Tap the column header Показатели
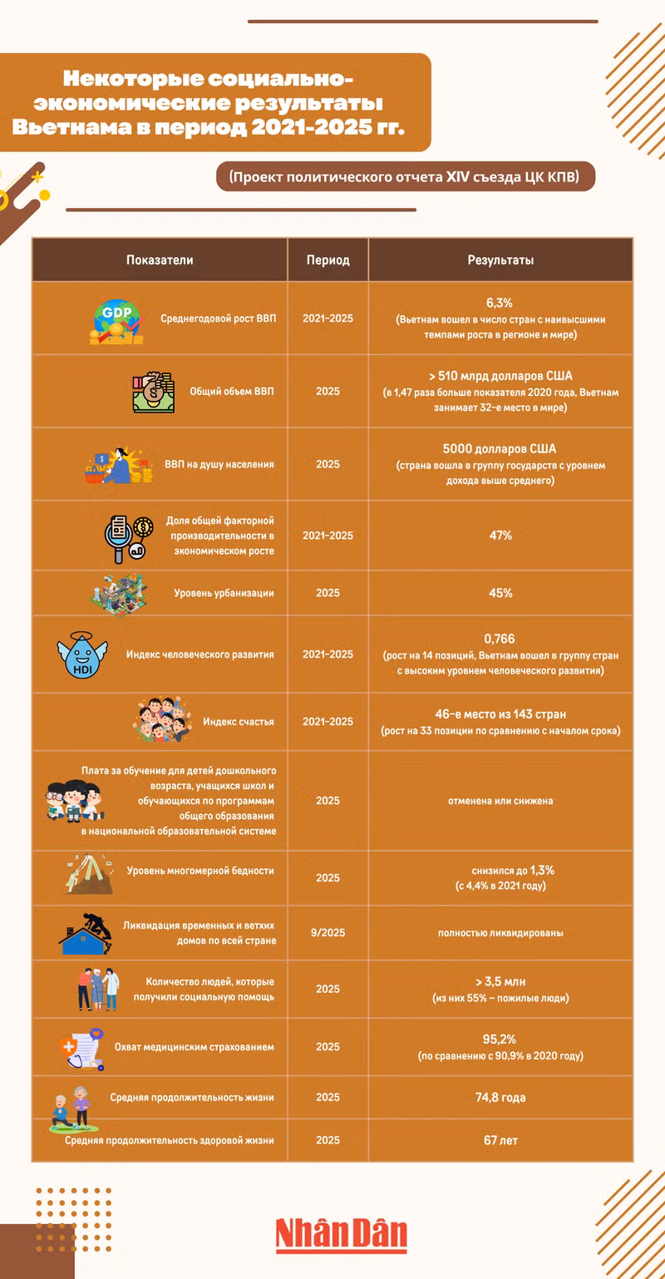click(160, 260)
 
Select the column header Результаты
click(500, 260)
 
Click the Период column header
click(328, 260)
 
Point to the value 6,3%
click(500, 303)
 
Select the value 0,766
click(500, 639)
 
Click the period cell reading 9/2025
click(328, 932)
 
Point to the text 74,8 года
click(500, 1098)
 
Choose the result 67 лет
click(500, 1139)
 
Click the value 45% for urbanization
click(500, 593)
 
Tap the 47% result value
click(500, 536)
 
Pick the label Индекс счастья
click(239, 721)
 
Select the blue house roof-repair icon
click(86, 932)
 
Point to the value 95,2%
click(500, 1039)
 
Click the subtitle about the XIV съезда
click(406, 176)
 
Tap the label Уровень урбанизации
click(224, 593)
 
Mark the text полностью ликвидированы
click(500, 932)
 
